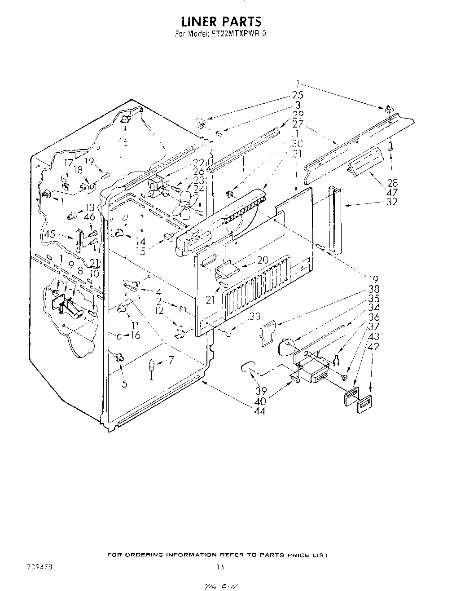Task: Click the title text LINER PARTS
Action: pyautogui.click(x=221, y=21)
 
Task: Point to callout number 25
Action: pyautogui.click(x=298, y=95)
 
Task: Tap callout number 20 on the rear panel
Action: pyautogui.click(x=262, y=260)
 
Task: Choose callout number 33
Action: pyautogui.click(x=255, y=316)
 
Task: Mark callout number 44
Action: pyautogui.click(x=259, y=410)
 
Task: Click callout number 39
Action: pyautogui.click(x=260, y=391)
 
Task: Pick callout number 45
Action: pyautogui.click(x=49, y=234)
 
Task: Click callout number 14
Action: pyautogui.click(x=141, y=241)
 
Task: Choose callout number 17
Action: pyautogui.click(x=68, y=164)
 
